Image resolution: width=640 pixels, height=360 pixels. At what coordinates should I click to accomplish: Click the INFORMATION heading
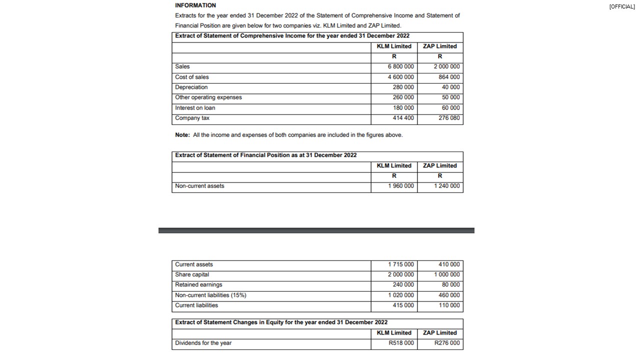[x=195, y=5]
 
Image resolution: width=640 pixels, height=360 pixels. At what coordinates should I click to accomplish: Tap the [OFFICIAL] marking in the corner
[x=622, y=6]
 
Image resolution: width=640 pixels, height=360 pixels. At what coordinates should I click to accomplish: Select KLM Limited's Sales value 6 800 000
[x=400, y=66]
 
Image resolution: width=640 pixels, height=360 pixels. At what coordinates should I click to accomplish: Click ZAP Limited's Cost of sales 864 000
[x=449, y=77]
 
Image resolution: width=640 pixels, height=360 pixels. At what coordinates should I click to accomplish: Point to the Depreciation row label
[x=191, y=87]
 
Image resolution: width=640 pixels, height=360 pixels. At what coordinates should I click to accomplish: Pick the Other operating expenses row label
[x=208, y=97]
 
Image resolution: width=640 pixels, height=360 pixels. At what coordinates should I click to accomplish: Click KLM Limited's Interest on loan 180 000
[x=403, y=108]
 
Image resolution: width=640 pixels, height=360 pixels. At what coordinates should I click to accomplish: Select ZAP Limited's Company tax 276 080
[x=449, y=118]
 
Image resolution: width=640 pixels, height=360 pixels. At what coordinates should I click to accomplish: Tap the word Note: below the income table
[x=182, y=135]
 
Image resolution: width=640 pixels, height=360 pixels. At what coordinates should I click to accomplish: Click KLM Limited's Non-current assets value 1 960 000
[x=401, y=186]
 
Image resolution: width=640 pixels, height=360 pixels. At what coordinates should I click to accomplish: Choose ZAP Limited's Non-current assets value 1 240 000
[x=447, y=186]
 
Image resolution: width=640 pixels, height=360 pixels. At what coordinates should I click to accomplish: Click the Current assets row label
[x=193, y=264]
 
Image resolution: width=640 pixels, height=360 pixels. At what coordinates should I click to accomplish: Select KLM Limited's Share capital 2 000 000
[x=401, y=274]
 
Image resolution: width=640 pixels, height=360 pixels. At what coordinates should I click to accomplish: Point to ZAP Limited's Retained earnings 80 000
[x=450, y=284]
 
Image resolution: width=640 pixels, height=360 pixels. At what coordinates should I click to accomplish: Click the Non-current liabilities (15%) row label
[x=210, y=295]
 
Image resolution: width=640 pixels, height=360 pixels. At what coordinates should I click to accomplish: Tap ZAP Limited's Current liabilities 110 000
[x=449, y=305]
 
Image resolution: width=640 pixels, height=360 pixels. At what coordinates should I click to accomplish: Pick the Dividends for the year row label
[x=203, y=343]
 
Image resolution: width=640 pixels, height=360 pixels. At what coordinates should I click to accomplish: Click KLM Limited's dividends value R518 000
[x=401, y=343]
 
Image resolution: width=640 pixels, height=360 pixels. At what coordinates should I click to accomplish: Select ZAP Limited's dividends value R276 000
[x=447, y=343]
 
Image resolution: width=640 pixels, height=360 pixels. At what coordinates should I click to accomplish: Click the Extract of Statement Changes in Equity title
[x=281, y=322]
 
